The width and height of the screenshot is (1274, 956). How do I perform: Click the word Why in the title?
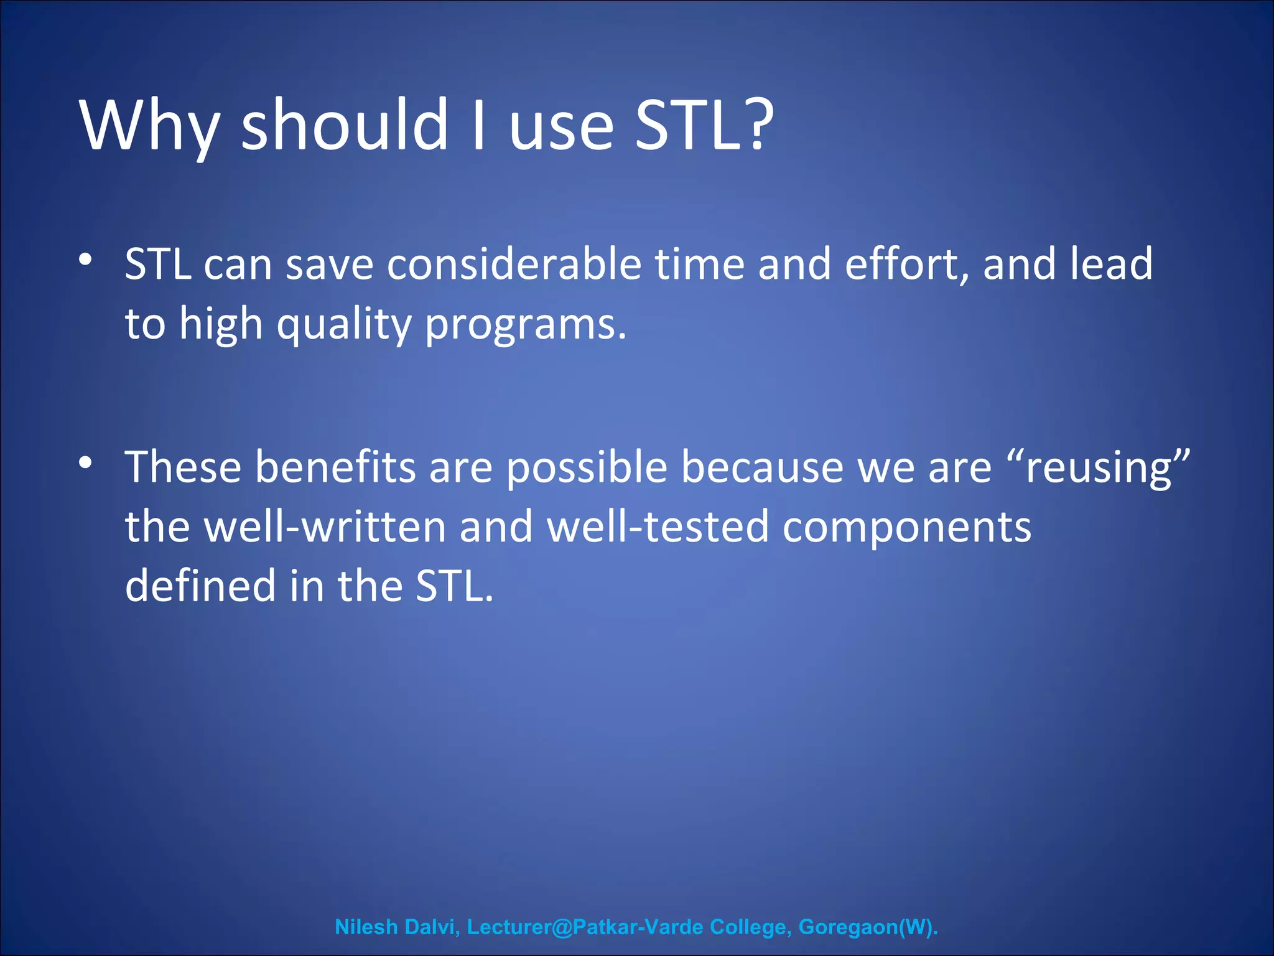coord(149,126)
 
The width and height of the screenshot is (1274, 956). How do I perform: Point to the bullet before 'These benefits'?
coord(86,462)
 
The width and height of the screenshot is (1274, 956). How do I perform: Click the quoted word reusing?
coord(1098,467)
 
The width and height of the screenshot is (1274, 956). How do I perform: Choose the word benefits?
coord(335,467)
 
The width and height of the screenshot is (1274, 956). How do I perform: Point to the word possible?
coord(587,467)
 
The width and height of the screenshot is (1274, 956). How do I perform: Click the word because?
coord(762,467)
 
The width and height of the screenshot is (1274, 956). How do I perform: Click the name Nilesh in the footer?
coord(366,927)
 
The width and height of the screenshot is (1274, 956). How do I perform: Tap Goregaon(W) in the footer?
coord(867,927)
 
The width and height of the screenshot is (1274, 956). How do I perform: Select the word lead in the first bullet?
coord(1111,265)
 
